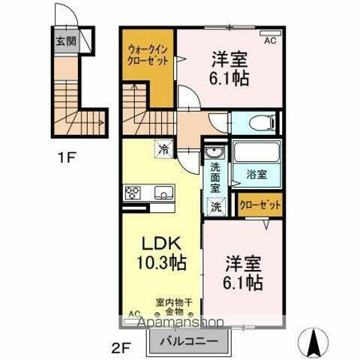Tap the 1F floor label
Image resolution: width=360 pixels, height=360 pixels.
coord(65,158)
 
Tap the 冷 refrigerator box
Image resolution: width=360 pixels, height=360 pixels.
coord(163,149)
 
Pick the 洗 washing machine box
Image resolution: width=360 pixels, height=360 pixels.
coord(215,205)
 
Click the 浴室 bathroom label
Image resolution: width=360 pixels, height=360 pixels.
coord(257,175)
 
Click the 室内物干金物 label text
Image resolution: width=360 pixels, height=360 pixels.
coord(174,307)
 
